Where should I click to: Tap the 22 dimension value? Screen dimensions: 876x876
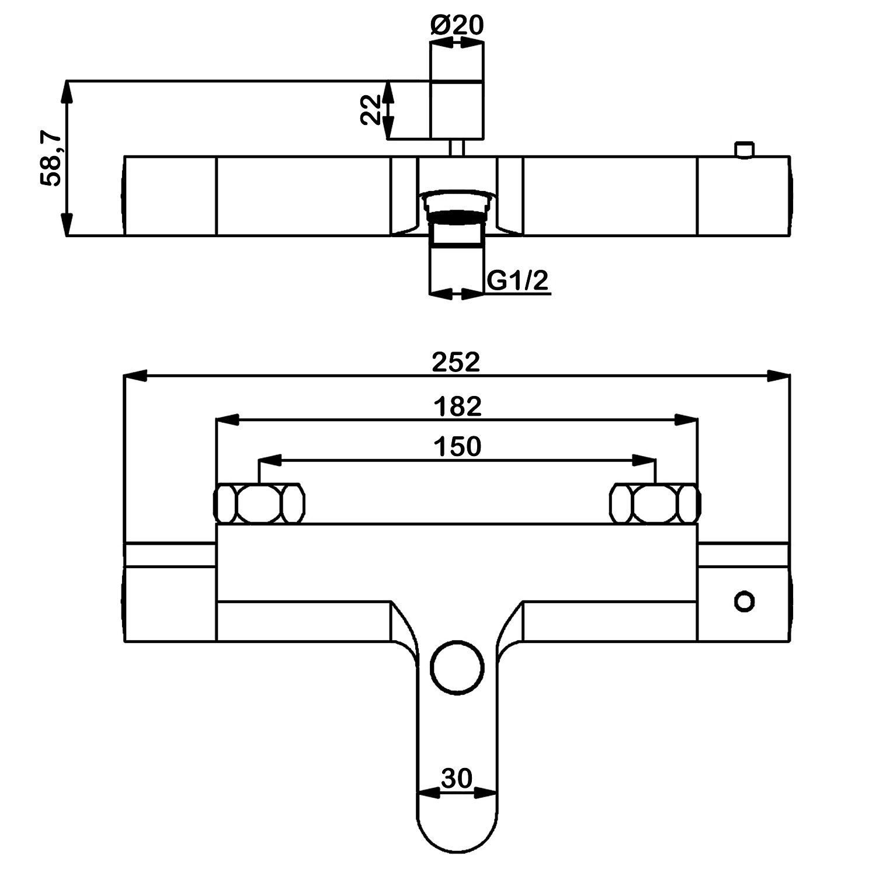[x=370, y=110]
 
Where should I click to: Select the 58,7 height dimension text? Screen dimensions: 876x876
[x=51, y=159]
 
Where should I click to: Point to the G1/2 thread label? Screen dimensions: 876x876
[x=518, y=281]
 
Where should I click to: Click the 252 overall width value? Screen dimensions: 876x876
[x=456, y=363]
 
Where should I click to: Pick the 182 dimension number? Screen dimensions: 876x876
[x=457, y=406]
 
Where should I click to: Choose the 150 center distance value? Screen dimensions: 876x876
[x=457, y=447]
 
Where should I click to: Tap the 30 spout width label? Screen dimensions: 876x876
[x=457, y=778]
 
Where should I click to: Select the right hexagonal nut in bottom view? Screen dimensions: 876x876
[x=655, y=503]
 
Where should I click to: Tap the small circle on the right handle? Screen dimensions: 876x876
[x=744, y=601]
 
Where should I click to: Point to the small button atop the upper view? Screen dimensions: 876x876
[x=744, y=150]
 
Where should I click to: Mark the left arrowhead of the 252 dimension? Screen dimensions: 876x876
[x=135, y=377]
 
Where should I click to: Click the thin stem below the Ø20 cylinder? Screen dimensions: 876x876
[x=457, y=148]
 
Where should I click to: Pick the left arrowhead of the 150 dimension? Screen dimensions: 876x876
[x=269, y=461]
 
